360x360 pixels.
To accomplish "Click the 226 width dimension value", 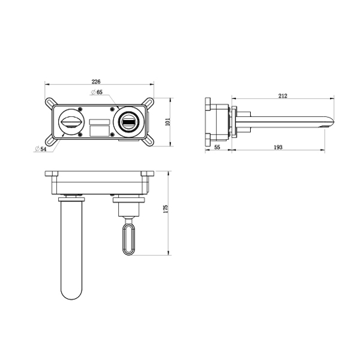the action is click(x=96, y=81).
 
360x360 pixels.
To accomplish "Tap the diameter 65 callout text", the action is click(x=97, y=92).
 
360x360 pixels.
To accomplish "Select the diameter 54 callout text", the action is click(x=41, y=149).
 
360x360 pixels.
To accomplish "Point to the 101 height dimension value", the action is click(x=168, y=122).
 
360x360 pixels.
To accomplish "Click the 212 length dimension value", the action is click(x=283, y=96).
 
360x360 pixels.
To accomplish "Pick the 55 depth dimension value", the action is click(x=217, y=147).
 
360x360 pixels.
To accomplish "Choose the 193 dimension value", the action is click(x=278, y=147).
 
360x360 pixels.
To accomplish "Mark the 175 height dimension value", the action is click(x=166, y=209).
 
